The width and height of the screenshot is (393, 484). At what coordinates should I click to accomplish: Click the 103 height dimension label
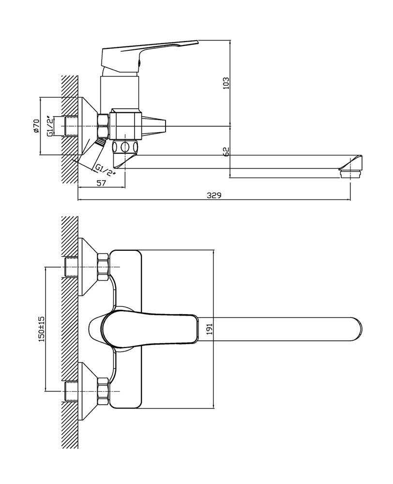[227, 83]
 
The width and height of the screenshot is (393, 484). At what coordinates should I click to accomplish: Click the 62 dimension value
[227, 151]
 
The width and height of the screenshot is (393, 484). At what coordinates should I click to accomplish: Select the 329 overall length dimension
[214, 196]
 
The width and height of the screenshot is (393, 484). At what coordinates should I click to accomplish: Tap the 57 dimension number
[101, 183]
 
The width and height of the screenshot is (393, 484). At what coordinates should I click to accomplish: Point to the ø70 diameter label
[36, 126]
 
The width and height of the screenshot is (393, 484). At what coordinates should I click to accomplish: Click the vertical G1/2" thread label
[49, 126]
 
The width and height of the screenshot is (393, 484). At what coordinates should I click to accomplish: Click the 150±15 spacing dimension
[42, 329]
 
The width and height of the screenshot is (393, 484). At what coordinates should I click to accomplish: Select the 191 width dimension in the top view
[210, 329]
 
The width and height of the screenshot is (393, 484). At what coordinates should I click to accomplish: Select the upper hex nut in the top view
[103, 267]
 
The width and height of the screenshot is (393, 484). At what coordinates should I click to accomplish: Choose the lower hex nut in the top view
[103, 392]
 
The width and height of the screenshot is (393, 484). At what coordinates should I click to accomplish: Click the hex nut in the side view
[103, 126]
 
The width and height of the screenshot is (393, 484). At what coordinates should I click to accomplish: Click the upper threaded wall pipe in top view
[71, 267]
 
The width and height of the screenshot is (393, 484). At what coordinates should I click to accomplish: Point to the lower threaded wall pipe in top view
[71, 392]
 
